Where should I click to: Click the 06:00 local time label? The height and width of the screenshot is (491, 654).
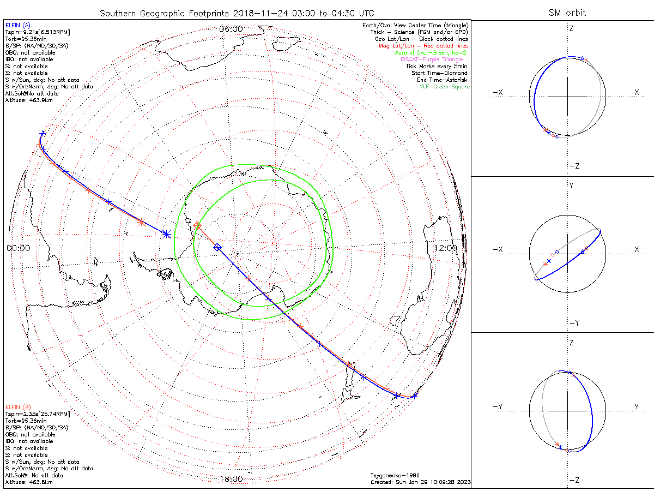click(231, 28)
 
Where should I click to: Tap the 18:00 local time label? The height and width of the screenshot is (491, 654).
click(231, 479)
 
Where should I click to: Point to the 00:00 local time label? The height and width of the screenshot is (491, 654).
click(18, 248)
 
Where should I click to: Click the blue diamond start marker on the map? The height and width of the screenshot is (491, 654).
click(217, 247)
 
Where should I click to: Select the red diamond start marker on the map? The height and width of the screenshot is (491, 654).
click(197, 225)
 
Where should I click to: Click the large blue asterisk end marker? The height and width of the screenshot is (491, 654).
click(166, 233)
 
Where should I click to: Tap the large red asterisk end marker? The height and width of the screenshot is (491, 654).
click(141, 221)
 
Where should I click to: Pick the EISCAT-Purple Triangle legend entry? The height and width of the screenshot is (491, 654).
click(434, 59)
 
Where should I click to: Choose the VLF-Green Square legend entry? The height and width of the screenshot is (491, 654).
click(444, 87)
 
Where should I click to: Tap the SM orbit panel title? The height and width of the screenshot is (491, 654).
click(567, 13)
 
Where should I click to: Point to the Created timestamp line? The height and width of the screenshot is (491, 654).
click(420, 482)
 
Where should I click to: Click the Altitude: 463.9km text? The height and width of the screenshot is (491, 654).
click(29, 100)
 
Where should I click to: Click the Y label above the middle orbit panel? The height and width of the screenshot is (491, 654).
click(571, 186)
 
